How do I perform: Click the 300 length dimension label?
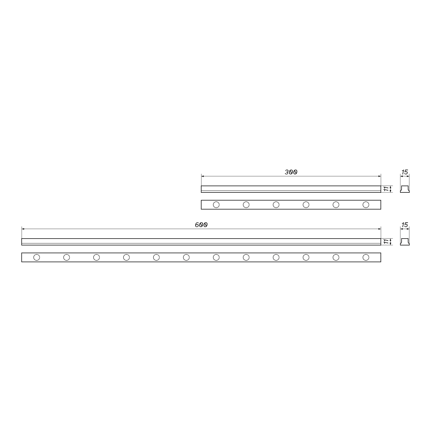coord(291,172)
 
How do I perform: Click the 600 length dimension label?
coord(201,225)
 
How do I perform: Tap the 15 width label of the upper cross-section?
coord(405,172)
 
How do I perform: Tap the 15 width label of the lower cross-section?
coord(405,225)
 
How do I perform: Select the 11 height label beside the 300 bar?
coord(386,189)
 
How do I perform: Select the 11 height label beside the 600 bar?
coord(386,241)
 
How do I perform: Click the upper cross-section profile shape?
coord(405,189)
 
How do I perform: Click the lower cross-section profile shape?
coord(405,242)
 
